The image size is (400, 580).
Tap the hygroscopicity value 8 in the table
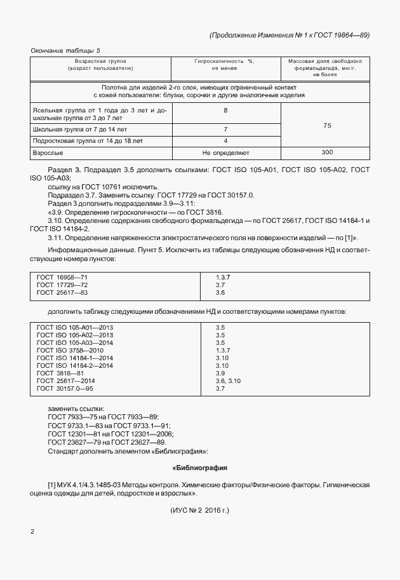tap(225, 111)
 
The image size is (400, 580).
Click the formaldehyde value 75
tap(328, 126)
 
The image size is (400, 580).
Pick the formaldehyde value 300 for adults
tap(328, 152)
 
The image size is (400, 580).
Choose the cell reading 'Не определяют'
tap(225, 153)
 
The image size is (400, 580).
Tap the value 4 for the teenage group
tap(225, 140)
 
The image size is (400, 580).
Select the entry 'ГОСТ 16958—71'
tap(62, 278)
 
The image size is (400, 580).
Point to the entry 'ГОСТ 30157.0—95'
tap(65, 388)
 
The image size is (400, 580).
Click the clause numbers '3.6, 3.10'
tap(229, 381)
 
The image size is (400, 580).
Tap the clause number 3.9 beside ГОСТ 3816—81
tap(221, 373)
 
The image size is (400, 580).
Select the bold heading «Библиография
tap(200, 468)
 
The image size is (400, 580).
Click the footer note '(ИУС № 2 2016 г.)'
tap(200, 510)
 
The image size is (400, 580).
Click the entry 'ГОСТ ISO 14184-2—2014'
tap(75, 365)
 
